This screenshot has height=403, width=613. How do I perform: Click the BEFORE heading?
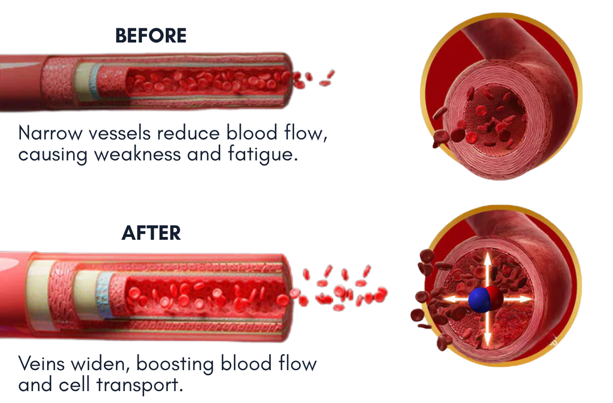tap(150, 36)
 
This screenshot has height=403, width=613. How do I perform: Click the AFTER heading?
tap(151, 233)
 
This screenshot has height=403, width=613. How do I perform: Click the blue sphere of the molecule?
tap(478, 299)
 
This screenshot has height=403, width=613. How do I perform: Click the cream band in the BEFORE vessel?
tap(83, 83)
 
